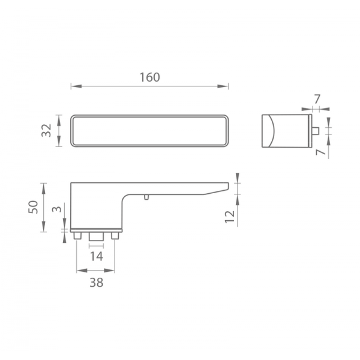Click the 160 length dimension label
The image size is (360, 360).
point(149,77)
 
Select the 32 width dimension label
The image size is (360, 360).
point(46,130)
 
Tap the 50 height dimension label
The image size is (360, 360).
point(33,207)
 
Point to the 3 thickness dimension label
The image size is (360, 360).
point(57,209)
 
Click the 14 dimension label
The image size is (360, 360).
point(97,256)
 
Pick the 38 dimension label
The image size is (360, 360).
point(97,283)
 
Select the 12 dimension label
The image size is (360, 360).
point(230,217)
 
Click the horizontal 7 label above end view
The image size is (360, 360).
point(317,99)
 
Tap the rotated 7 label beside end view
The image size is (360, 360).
point(321,152)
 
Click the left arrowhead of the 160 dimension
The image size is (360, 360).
point(76,86)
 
